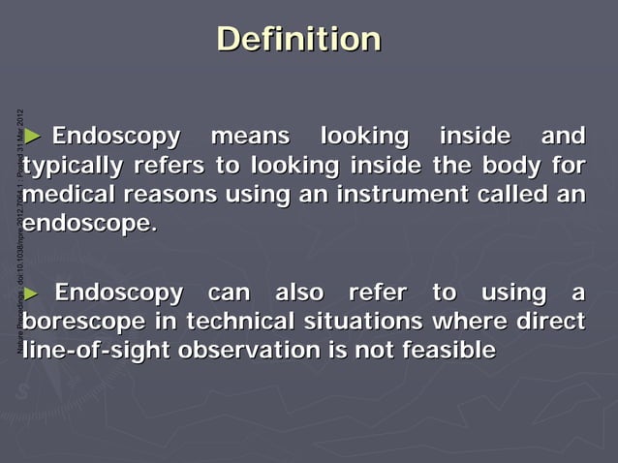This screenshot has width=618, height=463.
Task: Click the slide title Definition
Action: [x=298, y=40]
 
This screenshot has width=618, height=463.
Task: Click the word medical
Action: [x=68, y=195]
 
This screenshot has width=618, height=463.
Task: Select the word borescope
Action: [x=88, y=322]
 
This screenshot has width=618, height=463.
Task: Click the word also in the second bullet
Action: [x=301, y=292]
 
